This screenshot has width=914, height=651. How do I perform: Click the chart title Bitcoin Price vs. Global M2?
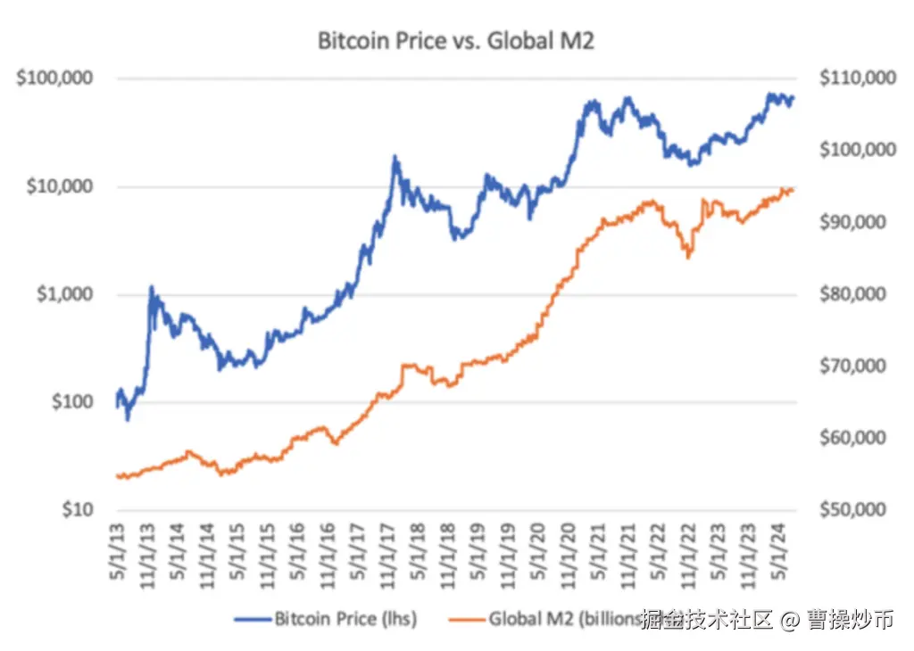click(456, 40)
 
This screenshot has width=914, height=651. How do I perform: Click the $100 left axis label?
click(71, 402)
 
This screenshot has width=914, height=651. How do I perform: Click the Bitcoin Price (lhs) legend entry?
click(326, 618)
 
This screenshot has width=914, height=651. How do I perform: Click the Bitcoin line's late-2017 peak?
click(395, 158)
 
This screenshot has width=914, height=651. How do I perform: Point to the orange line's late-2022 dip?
click(688, 257)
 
